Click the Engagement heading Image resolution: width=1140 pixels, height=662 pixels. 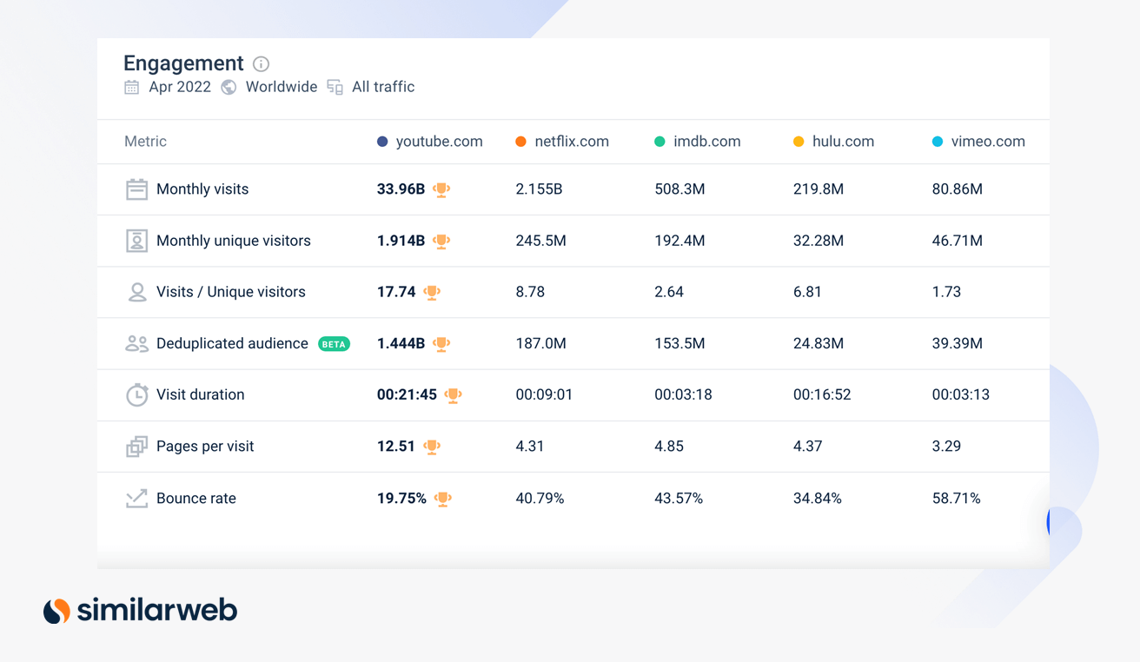pos(183,63)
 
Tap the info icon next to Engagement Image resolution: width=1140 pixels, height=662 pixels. pos(261,64)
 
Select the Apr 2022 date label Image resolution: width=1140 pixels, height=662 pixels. pos(180,87)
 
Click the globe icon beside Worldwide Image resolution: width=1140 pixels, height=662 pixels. pos(229,87)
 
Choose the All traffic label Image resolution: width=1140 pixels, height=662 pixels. pos(383,87)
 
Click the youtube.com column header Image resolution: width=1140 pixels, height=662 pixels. pos(439,142)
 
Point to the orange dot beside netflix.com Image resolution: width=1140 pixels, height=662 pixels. pos(520,142)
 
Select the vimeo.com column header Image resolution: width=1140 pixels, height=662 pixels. pos(987,142)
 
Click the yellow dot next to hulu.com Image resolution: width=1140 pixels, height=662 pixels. pos(799,142)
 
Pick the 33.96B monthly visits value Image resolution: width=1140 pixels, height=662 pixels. pos(401,189)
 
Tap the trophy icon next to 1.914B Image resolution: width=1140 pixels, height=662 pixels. pos(441,242)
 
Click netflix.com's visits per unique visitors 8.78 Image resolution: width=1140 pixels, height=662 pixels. pos(530,292)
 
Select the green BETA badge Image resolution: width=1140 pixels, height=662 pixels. pos(334,344)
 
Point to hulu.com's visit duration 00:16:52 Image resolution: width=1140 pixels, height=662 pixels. pos(821,394)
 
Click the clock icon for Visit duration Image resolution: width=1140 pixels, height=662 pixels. pos(136,395)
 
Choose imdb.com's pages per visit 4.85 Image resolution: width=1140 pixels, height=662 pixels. pos(669,447)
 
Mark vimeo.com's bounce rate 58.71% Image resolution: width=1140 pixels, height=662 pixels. pos(956,499)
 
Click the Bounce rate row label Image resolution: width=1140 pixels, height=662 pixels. pos(196,499)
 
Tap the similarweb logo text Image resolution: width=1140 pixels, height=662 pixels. pos(157,611)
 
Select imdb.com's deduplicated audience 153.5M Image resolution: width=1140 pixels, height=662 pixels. pos(679,344)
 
